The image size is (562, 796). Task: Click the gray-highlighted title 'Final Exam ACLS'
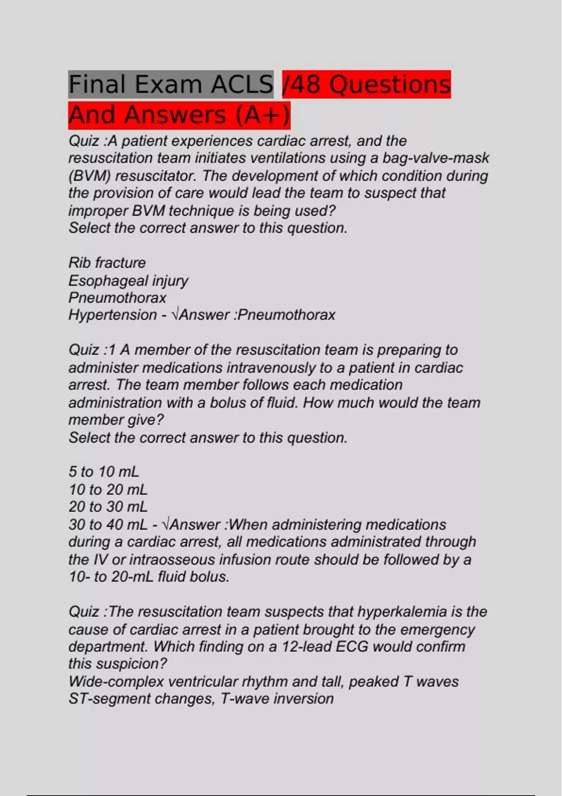170,85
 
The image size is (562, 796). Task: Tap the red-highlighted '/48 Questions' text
366,85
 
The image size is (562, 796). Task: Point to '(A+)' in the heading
262,115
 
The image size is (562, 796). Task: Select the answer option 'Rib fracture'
107,263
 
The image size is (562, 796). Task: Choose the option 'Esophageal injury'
128,280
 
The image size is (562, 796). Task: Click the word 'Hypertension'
112,315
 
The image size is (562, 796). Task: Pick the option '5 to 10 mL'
104,472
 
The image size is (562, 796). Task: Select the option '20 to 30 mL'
108,507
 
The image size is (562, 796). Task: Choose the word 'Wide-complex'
116,682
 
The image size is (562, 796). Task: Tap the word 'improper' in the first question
98,211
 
